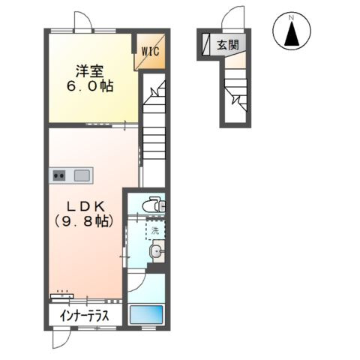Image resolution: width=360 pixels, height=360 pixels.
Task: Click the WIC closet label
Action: coord(151,52)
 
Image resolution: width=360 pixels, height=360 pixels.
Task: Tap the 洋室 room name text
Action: coord(90,70)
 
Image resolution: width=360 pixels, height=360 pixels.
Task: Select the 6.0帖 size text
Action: coord(90,86)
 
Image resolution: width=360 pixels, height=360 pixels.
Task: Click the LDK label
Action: coord(86,206)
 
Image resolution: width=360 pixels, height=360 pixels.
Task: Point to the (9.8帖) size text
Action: coord(83,221)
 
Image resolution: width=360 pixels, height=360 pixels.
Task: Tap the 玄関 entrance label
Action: coord(228,45)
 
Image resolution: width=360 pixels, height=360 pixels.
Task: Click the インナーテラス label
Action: coord(84,316)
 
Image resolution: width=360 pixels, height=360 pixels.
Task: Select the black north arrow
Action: coord(292,34)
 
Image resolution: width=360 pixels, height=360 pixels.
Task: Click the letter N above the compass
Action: coord(291,18)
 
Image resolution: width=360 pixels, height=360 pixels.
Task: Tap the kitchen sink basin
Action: coord(82,175)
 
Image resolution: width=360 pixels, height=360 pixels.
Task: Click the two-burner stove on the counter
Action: coord(59,175)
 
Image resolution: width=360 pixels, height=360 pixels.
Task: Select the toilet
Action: coord(154,205)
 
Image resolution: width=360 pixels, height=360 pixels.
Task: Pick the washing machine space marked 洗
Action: coord(155,230)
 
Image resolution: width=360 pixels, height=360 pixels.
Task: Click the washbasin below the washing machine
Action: coord(157,250)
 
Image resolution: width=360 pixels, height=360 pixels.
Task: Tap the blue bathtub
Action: coord(146,314)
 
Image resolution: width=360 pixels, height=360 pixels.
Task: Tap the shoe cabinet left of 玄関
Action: coord(205,44)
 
